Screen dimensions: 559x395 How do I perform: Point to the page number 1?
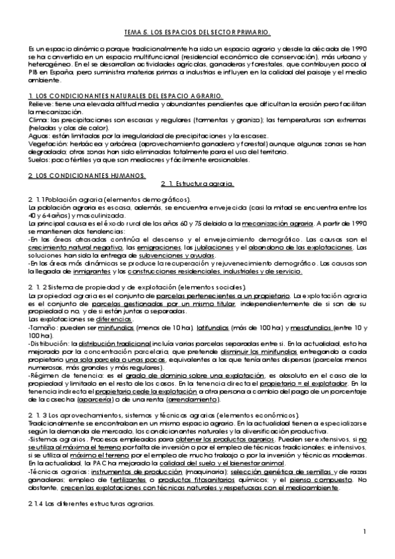tap(365, 531)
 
